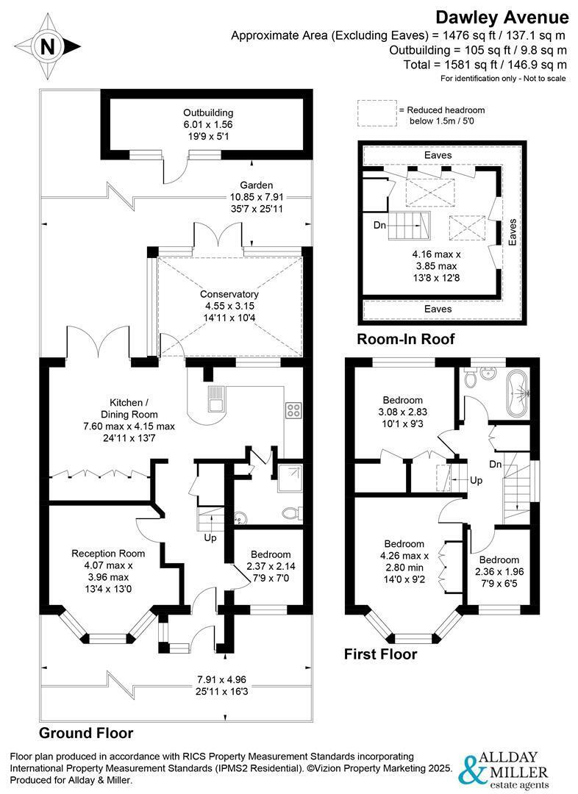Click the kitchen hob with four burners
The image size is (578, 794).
[x=292, y=410]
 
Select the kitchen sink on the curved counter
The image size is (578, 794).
[x=218, y=402]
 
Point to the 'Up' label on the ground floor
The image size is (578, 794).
[x=210, y=538]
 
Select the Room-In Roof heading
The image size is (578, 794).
[x=405, y=339]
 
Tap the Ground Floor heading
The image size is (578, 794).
[x=86, y=733]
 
